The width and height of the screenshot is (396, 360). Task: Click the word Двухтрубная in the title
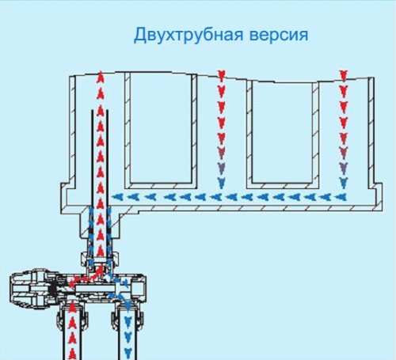(x=188, y=35)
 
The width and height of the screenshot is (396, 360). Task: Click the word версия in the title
(x=279, y=36)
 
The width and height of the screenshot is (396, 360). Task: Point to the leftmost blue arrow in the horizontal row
(x=117, y=197)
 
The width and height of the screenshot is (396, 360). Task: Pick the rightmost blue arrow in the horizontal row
(x=341, y=197)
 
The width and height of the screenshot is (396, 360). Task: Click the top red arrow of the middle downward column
(x=221, y=75)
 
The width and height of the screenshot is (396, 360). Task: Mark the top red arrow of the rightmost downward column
(x=343, y=75)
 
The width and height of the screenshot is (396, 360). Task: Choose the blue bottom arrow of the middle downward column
(x=221, y=183)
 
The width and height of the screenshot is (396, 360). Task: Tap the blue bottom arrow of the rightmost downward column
(x=343, y=183)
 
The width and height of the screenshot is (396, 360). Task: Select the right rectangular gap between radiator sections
(x=282, y=132)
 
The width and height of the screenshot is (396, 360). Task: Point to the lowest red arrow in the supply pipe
(x=72, y=354)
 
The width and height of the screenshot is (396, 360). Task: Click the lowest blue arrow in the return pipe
(x=128, y=352)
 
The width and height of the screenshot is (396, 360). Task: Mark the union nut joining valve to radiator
(x=101, y=260)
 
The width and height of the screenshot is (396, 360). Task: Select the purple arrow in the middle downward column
(x=221, y=167)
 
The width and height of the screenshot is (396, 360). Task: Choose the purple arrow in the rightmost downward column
(x=343, y=167)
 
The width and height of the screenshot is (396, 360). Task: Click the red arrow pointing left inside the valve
(x=73, y=282)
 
